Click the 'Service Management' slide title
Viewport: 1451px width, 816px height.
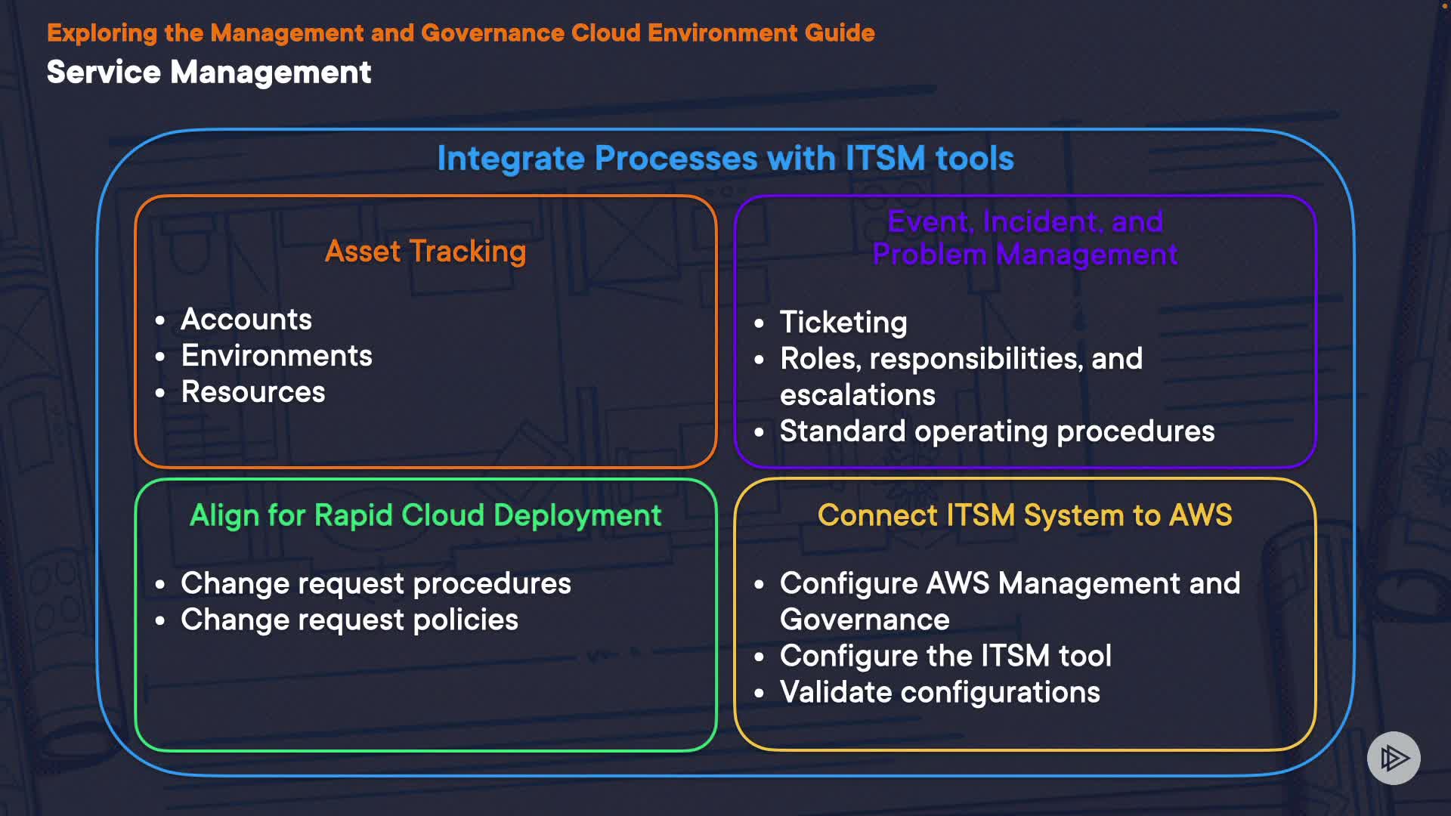tap(209, 73)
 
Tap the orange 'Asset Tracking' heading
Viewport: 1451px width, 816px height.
tap(425, 252)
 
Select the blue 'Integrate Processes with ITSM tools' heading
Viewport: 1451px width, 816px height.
tap(725, 159)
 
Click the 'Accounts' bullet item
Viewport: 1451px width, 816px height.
tap(246, 320)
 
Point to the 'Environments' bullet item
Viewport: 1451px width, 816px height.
tap(277, 356)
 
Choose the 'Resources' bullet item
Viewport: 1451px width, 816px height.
tap(253, 392)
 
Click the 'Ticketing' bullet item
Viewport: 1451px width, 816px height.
tap(843, 323)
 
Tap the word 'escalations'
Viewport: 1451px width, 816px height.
tap(858, 395)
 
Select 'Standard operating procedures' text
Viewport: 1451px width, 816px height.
tap(997, 431)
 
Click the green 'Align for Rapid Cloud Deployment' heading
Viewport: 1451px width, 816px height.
tap(425, 515)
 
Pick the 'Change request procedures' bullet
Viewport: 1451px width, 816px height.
tap(376, 583)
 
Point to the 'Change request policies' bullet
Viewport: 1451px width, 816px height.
tap(349, 620)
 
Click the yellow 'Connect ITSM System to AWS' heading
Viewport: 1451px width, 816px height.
tap(1025, 515)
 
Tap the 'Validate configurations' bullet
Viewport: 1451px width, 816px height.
tap(939, 692)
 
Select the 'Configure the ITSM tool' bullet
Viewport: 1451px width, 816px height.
tap(945, 656)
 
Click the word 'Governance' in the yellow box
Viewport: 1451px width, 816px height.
tap(865, 620)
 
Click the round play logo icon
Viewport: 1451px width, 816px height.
tap(1394, 758)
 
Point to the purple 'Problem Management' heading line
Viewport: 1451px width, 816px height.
tap(1025, 255)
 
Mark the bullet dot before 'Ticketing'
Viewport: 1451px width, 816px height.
tap(760, 324)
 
